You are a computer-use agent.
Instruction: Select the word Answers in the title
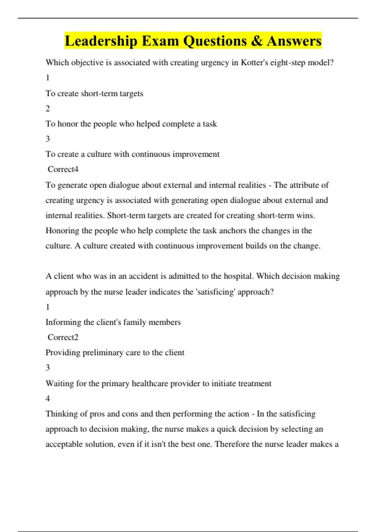pyautogui.click(x=294, y=41)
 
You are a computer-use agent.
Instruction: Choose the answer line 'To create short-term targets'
pyautogui.click(x=94, y=94)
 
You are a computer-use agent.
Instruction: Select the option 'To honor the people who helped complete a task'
pyautogui.click(x=131, y=124)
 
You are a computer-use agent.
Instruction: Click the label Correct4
pyautogui.click(x=63, y=169)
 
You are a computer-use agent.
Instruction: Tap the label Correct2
pyautogui.click(x=63, y=337)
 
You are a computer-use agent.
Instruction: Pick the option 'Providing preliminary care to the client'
pyautogui.click(x=115, y=353)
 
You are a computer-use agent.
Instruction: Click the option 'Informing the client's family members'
pyautogui.click(x=113, y=322)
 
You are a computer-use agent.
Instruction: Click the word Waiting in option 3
pyautogui.click(x=60, y=383)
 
